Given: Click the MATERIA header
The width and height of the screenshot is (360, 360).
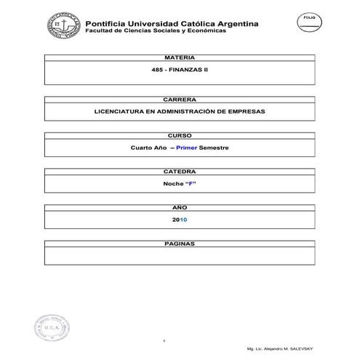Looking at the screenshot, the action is coord(179,57).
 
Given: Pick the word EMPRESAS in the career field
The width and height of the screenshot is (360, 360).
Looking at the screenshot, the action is coord(244,111).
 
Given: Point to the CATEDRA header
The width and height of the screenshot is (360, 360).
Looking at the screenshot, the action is coord(179,172).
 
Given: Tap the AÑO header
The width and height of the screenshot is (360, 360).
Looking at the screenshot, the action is coord(179,207).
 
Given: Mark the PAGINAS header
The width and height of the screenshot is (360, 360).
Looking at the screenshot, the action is coord(179,244).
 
